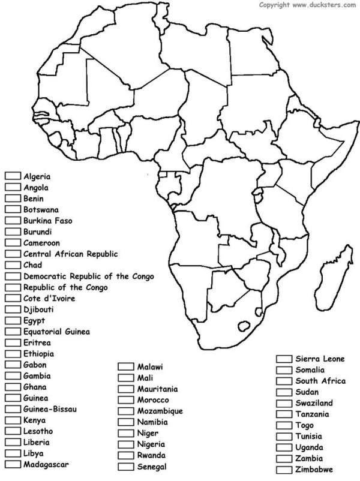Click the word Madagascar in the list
point(46,464)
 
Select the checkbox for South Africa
point(284,381)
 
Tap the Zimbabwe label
point(314,470)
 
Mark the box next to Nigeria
point(125,444)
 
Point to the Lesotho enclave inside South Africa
point(244,326)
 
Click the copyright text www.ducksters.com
point(308,5)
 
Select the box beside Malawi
point(125,366)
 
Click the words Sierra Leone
point(320,359)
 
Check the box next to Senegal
point(125,467)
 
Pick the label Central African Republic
point(71,254)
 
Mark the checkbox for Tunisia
point(284,437)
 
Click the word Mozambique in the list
point(160,411)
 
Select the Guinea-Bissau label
point(50,409)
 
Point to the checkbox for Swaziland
point(284,403)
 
